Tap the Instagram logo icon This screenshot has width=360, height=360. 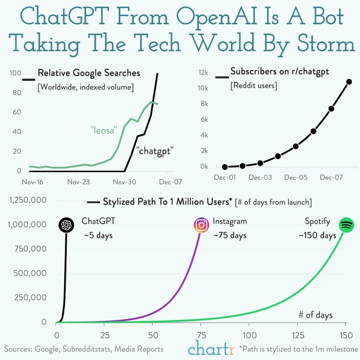pos(201,225)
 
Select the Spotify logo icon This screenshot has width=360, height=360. pos(347,225)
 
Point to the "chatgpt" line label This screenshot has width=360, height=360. pos(156,151)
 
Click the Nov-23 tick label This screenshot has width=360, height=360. pos(78,182)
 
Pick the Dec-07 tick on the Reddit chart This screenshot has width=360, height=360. pos(331,177)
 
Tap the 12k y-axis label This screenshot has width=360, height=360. pos(203,73)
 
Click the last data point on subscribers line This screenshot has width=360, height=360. pos(349,82)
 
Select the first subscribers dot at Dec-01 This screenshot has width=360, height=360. pos(225,167)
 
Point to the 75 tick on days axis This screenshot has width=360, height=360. pos(201,335)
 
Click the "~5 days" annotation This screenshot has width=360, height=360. pos(98,236)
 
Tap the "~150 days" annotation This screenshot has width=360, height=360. pos(317,235)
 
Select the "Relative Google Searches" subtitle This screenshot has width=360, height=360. pos(89,73)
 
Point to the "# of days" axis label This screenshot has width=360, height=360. pos(315,315)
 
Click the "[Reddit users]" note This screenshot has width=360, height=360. pos(254,86)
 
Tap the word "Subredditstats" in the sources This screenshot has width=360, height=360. pos(88,349)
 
